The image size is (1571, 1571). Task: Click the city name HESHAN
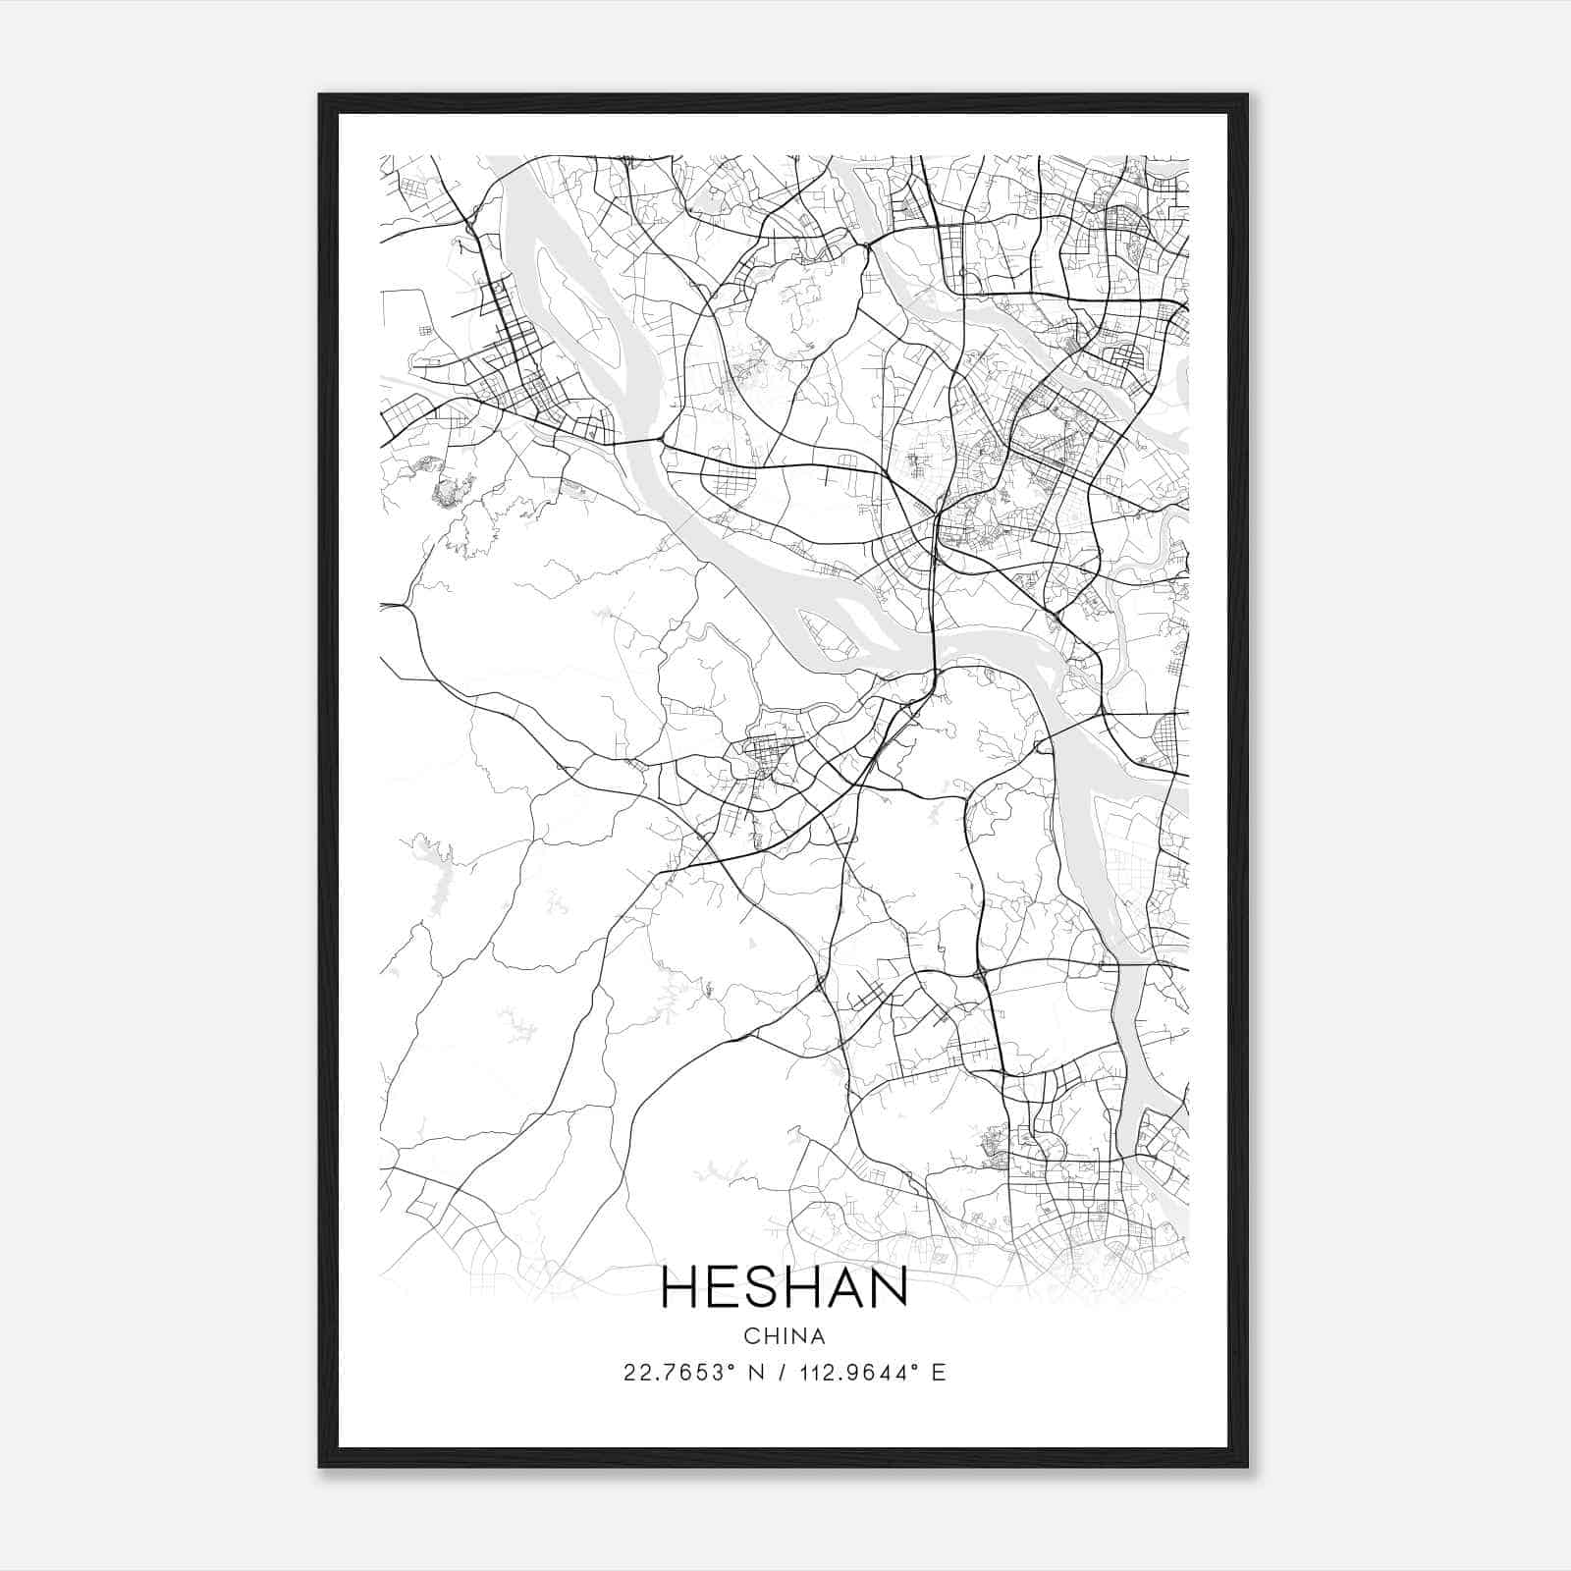coord(785,1287)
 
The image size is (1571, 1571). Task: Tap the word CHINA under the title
coord(785,1336)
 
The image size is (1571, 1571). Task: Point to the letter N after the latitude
coord(757,1373)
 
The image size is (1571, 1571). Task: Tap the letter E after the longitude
coord(940,1373)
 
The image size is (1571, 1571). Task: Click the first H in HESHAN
coord(680,1287)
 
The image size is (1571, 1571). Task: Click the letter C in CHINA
coord(750,1336)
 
